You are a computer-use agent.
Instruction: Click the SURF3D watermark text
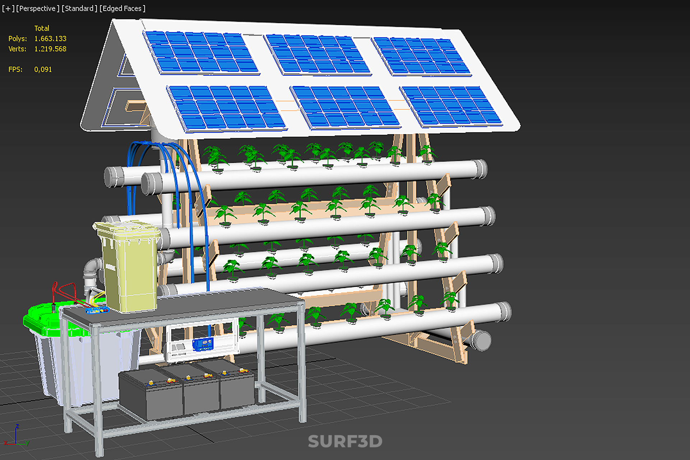tap(345, 441)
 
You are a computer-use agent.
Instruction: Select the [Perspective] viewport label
tap(38, 8)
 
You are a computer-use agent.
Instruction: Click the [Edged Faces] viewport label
tap(122, 8)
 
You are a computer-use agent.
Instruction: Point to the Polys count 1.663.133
tap(50, 38)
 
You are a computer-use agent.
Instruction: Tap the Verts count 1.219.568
tap(50, 49)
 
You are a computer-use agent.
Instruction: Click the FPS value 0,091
tap(43, 69)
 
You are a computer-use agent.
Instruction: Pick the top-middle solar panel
tap(317, 55)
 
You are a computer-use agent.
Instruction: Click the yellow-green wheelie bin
tap(128, 266)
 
